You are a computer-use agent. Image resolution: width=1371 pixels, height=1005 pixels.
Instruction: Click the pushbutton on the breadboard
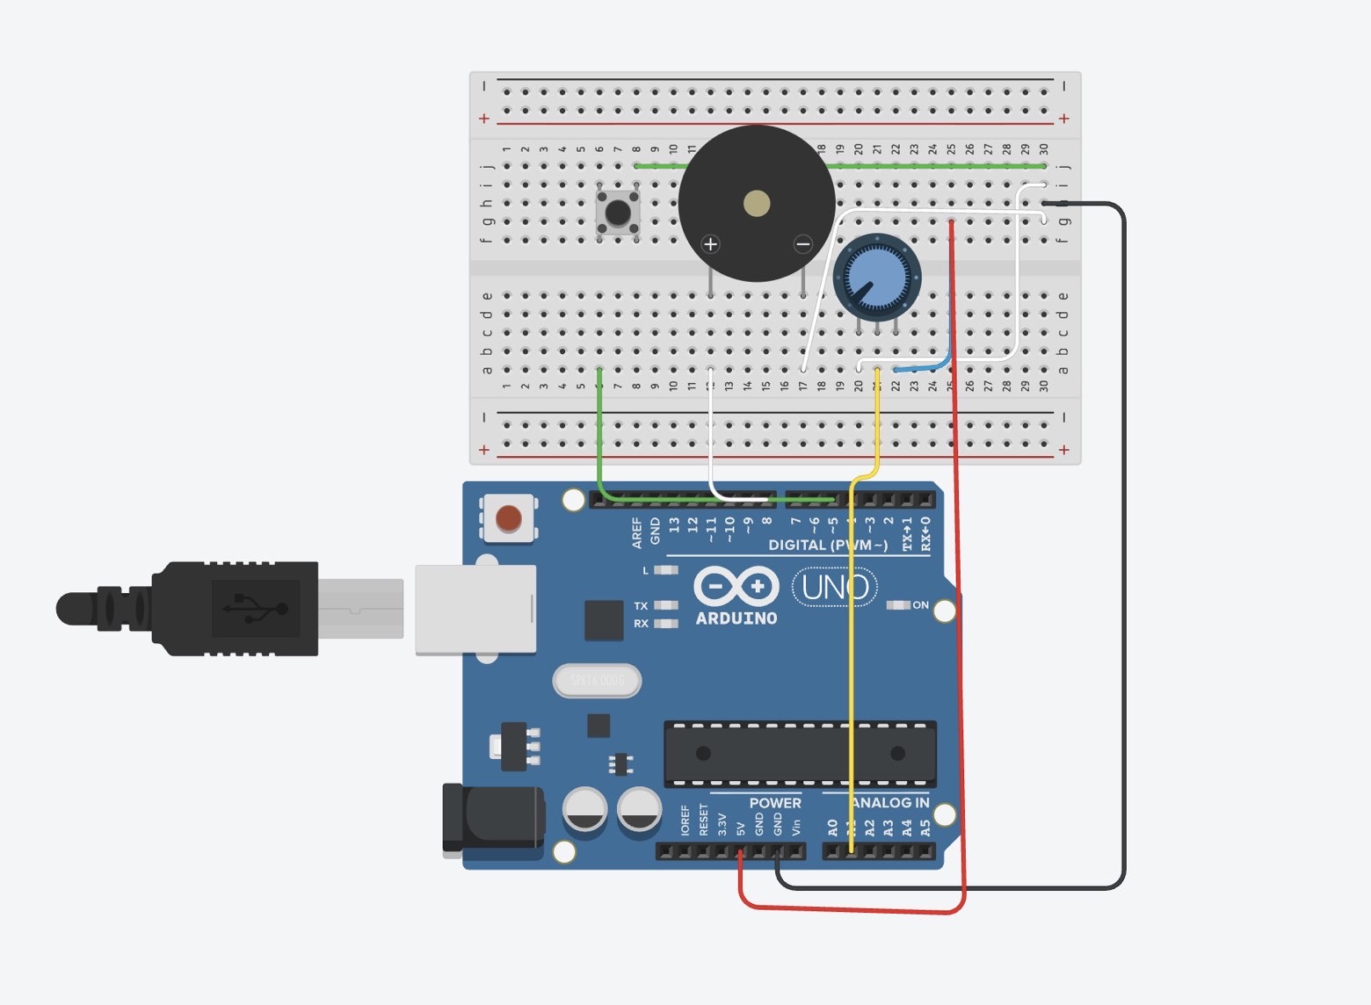[x=618, y=212]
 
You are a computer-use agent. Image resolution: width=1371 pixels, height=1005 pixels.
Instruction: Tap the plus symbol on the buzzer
[x=711, y=244]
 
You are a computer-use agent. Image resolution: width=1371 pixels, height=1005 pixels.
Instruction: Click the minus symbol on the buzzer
[x=802, y=244]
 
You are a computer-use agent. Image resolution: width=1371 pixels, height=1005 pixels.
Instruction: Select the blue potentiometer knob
[x=877, y=277]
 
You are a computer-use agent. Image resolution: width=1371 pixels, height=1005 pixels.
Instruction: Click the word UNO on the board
[x=835, y=587]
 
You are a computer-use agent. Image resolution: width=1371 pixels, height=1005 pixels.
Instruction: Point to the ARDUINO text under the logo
[x=736, y=618]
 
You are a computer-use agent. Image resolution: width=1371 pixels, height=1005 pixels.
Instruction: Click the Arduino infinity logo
[x=736, y=586]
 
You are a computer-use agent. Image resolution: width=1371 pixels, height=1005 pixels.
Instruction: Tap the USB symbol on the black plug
[x=255, y=608]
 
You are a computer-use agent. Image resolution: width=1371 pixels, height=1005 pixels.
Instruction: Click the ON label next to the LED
[x=920, y=605]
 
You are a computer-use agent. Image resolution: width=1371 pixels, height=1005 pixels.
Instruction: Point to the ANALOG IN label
[x=890, y=802]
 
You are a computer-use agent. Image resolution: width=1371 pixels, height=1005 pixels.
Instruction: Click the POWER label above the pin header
[x=774, y=802]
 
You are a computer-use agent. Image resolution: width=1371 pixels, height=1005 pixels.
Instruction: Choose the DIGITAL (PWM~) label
[x=827, y=546]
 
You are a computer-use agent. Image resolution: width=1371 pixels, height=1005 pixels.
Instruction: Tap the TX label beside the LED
[x=641, y=606]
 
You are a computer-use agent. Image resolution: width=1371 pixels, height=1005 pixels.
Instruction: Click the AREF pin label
[x=637, y=532]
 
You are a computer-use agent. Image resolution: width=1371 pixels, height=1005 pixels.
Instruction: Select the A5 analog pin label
[x=925, y=828]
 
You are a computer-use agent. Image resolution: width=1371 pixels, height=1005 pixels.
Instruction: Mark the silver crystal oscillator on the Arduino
[x=598, y=680]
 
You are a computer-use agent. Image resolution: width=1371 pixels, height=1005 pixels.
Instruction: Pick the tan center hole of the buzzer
[x=757, y=205]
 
